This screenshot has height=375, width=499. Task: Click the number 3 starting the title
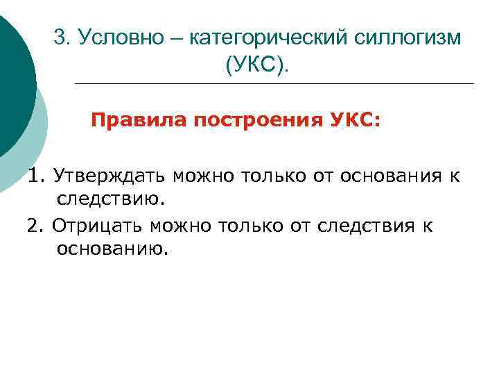59,37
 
